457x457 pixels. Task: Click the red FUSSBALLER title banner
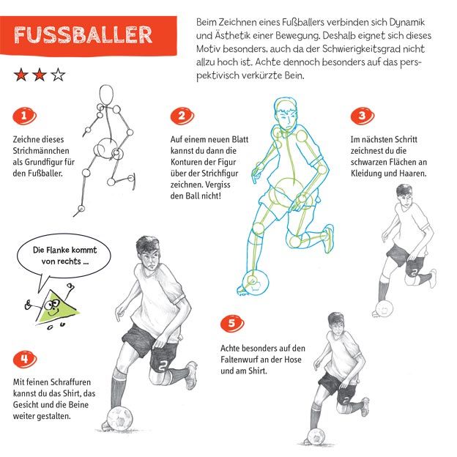click(x=88, y=36)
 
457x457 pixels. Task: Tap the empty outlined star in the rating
click(x=58, y=75)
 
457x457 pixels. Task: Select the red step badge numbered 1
click(x=24, y=116)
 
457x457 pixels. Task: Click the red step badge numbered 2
click(x=182, y=116)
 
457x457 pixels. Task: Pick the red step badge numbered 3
click(x=363, y=116)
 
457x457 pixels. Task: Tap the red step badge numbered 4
click(x=25, y=359)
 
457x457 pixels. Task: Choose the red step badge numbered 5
click(x=232, y=323)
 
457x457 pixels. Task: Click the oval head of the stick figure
click(x=106, y=95)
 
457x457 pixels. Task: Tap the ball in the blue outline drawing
click(x=256, y=282)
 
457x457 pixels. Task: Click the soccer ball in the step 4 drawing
click(x=120, y=419)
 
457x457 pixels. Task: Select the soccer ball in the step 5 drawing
click(x=316, y=436)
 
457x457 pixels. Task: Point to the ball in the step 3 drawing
click(x=384, y=308)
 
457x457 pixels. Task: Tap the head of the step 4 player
click(x=148, y=253)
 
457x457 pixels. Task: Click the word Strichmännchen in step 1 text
click(x=41, y=151)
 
